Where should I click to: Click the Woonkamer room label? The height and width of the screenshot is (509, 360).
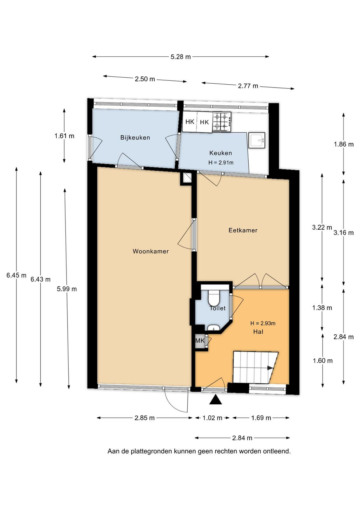click(151, 251)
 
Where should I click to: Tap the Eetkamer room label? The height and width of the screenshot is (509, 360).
click(243, 230)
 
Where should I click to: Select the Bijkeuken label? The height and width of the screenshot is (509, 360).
click(135, 137)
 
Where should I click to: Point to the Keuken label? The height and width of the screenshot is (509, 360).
click(220, 153)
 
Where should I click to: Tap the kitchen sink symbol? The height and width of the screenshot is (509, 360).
click(257, 140)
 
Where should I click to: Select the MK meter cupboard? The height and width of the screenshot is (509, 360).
click(200, 340)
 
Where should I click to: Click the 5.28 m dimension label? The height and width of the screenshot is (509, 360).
click(181, 57)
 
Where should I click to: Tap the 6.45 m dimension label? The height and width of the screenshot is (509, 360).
click(16, 275)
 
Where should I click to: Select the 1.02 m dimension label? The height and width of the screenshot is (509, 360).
click(212, 418)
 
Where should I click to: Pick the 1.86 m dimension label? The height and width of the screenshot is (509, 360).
click(344, 144)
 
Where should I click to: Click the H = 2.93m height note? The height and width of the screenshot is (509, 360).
click(263, 323)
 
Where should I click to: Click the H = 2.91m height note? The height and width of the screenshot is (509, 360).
click(221, 163)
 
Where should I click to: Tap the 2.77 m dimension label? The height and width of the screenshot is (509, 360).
click(248, 86)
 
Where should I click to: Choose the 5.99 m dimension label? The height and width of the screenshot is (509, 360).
click(67, 289)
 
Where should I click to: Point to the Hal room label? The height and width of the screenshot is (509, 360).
click(258, 332)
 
